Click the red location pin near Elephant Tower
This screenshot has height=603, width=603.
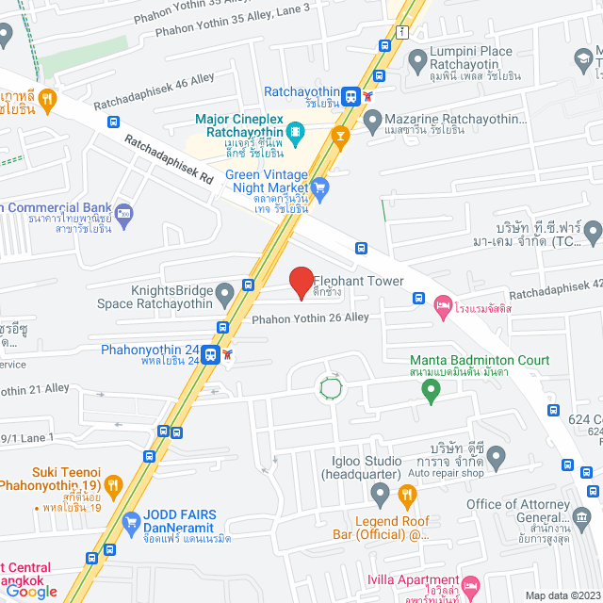coord(301,282)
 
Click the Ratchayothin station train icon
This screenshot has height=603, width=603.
coord(350,94)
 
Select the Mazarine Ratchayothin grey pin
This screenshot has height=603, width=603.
coord(372,120)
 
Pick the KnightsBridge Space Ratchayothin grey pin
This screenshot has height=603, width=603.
coord(224,295)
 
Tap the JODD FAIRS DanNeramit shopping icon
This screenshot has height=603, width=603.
coord(131,521)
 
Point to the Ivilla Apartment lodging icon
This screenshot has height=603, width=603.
coord(472,586)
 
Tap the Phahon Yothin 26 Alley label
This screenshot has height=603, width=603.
coord(309,318)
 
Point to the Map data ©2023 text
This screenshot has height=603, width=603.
coord(561,595)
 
